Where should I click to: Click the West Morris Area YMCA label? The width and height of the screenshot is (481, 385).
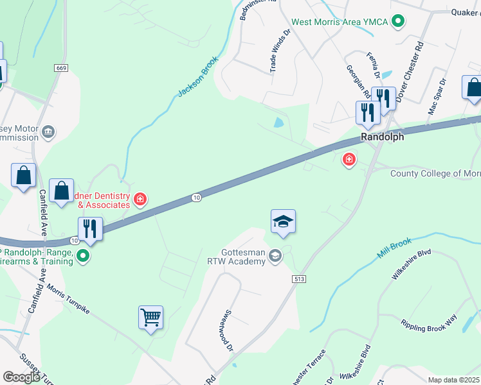340,22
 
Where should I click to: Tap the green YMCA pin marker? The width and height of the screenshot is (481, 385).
398,22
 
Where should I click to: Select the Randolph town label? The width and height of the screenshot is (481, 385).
382,137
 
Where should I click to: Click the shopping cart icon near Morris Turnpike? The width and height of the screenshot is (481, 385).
150,317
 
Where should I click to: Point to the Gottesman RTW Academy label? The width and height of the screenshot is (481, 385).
234,257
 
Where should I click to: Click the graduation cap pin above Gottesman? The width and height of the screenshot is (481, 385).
283,222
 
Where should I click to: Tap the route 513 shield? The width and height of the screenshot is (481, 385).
298,279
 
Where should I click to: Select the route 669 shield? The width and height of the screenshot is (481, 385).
61,67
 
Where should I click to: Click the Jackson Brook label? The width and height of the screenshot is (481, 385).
199,80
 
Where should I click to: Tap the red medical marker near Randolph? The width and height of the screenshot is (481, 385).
349,158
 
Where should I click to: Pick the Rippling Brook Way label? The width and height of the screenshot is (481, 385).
428,323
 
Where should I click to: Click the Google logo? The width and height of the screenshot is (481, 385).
21,377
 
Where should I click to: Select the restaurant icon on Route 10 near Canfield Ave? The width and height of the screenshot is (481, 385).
90,229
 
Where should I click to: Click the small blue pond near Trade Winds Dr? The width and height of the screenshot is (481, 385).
278,122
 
